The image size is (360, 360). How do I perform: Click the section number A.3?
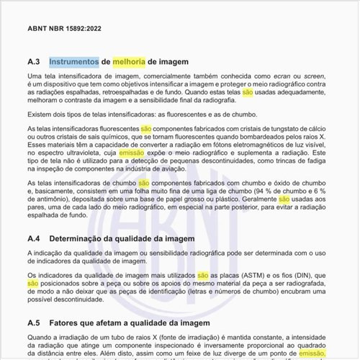coord(35,62)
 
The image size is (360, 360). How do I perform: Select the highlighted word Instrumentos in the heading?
coord(74,62)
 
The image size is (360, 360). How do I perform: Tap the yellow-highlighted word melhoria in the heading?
coord(129,62)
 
